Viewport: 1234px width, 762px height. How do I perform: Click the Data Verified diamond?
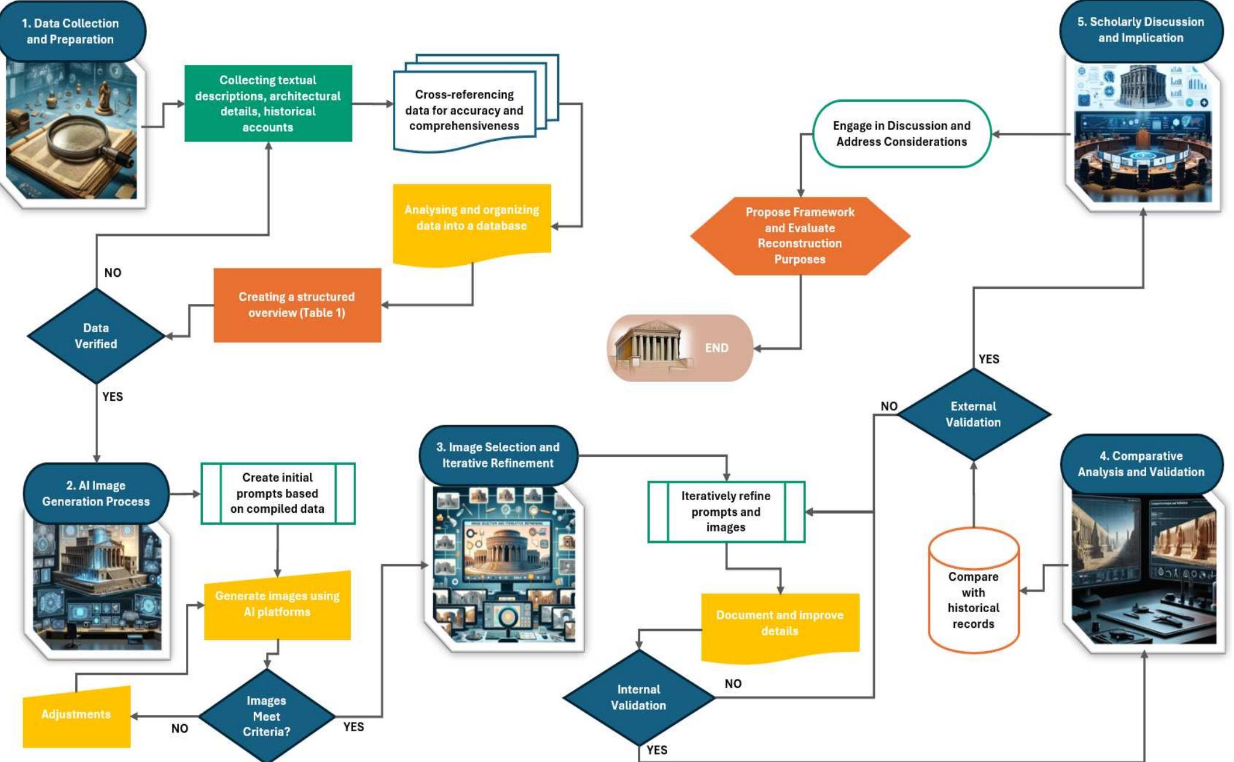pyautogui.click(x=96, y=336)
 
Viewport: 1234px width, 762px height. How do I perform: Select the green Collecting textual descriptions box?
pyautogui.click(x=268, y=104)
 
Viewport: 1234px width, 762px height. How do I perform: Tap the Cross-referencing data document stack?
pyautogui.click(x=464, y=110)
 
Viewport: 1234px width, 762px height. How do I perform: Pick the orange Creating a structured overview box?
pyautogui.click(x=297, y=305)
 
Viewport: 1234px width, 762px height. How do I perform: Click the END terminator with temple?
pyautogui.click(x=680, y=348)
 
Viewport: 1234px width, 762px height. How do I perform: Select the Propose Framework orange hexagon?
pyautogui.click(x=800, y=236)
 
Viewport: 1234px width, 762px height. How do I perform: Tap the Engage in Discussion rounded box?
pyautogui.click(x=901, y=134)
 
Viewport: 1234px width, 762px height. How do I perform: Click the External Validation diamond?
pyautogui.click(x=973, y=414)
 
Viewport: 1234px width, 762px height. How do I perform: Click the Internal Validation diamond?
pyautogui.click(x=638, y=697)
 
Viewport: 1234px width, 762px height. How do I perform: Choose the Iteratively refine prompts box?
pyautogui.click(x=726, y=512)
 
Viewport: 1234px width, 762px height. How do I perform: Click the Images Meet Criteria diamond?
pyautogui.click(x=266, y=716)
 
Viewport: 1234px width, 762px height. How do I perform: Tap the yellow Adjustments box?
pyautogui.click(x=76, y=716)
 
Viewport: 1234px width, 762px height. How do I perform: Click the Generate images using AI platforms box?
pyautogui.click(x=277, y=605)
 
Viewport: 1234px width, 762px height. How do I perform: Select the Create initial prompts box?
pyautogui.click(x=277, y=493)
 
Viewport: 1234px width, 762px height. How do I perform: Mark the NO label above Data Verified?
pyautogui.click(x=113, y=273)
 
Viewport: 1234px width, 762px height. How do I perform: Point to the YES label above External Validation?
pyautogui.click(x=989, y=359)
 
